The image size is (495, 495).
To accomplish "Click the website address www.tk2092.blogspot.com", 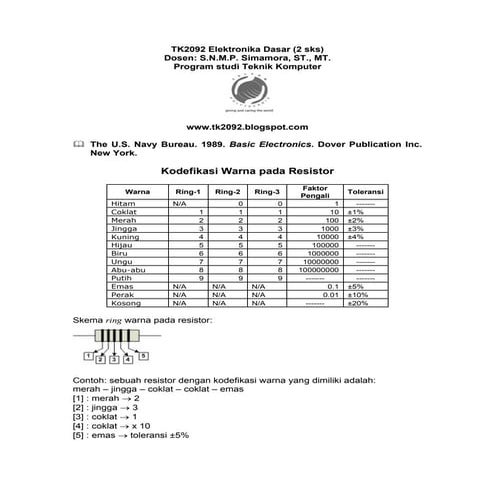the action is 246,128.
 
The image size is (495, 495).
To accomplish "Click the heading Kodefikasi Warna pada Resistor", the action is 246,172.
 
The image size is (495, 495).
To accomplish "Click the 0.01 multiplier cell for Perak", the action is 326,294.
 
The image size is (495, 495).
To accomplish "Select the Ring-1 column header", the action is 188,191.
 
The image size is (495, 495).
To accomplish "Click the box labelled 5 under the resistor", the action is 143,354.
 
